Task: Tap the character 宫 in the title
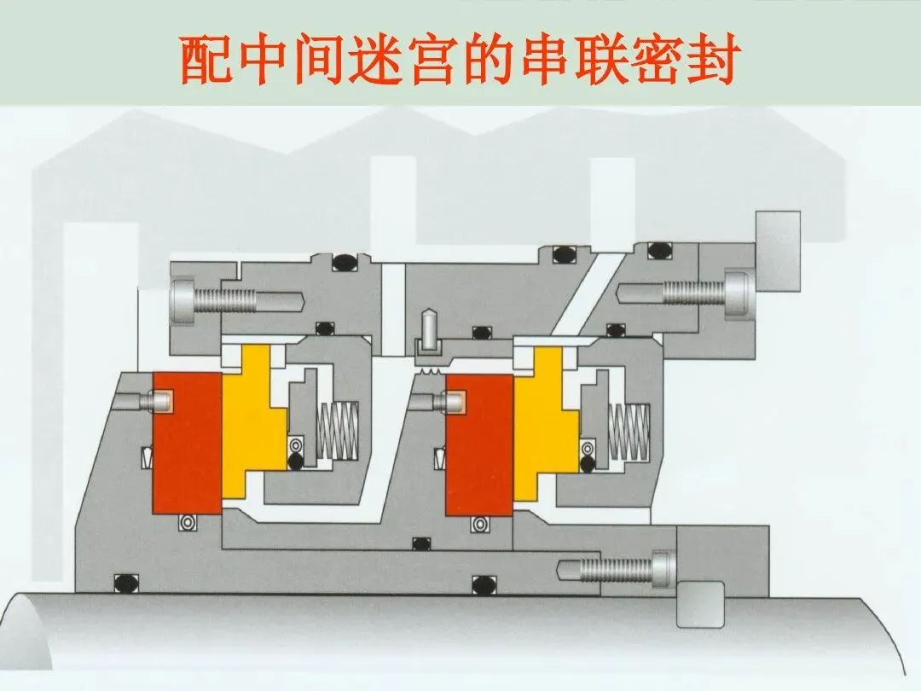point(426,61)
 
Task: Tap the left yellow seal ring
point(251,422)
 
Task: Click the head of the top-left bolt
point(184,300)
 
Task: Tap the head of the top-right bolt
point(738,293)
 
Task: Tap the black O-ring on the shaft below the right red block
point(483,584)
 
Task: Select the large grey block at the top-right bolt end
point(777,250)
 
